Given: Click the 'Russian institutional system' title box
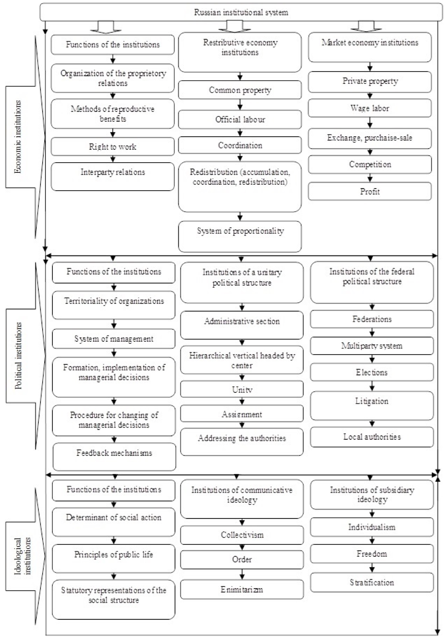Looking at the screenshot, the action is pyautogui.click(x=241, y=12).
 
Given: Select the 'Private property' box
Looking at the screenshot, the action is pyautogui.click(x=370, y=82).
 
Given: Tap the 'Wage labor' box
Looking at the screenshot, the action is pyautogui.click(x=370, y=108).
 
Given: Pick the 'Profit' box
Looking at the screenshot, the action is pyautogui.click(x=370, y=191).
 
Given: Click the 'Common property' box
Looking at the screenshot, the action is pyautogui.click(x=240, y=90).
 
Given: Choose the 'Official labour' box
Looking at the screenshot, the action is pyautogui.click(x=240, y=119).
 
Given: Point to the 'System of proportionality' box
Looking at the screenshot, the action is pyautogui.click(x=240, y=236).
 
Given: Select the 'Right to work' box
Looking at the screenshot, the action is pyautogui.click(x=112, y=146).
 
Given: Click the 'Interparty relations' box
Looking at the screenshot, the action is pyautogui.click(x=112, y=177).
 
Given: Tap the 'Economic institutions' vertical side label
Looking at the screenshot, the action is pyautogui.click(x=18, y=137).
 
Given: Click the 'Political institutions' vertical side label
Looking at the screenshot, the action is pyautogui.click(x=18, y=356).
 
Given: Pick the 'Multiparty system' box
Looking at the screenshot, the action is pyautogui.click(x=372, y=346).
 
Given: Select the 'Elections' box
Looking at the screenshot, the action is pyautogui.click(x=372, y=372).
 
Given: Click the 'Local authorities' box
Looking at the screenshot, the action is pyautogui.click(x=372, y=437).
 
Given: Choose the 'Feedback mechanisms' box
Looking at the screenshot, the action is pyautogui.click(x=114, y=457).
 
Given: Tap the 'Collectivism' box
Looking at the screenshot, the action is pyautogui.click(x=242, y=535).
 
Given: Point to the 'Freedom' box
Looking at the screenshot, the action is pyautogui.click(x=372, y=554).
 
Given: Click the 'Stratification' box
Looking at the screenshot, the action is pyautogui.click(x=372, y=582).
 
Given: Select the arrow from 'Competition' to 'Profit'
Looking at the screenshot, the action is pyautogui.click(x=370, y=178).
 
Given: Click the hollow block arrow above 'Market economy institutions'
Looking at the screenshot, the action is pyautogui.click(x=366, y=26).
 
